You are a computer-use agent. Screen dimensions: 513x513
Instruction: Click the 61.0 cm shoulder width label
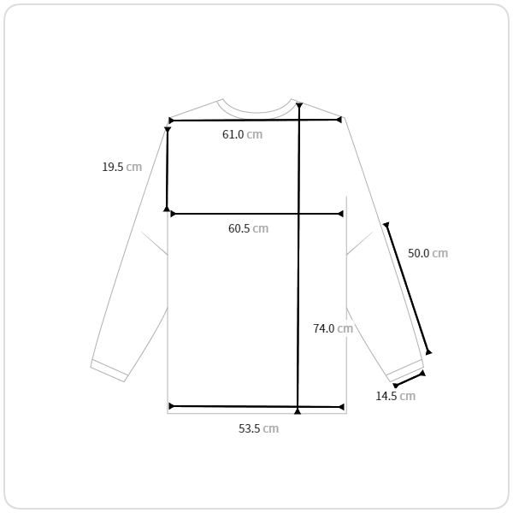(x=243, y=134)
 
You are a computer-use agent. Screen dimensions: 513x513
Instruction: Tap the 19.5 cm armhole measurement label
(x=122, y=167)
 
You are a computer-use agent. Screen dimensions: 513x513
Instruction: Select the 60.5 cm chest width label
(x=248, y=228)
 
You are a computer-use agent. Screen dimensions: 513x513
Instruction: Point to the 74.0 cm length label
(x=333, y=328)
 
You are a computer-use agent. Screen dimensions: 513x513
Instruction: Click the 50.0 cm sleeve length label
(x=428, y=253)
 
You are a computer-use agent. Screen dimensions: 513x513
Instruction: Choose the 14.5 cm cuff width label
(x=396, y=396)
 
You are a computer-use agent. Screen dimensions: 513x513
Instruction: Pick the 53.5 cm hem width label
(x=258, y=428)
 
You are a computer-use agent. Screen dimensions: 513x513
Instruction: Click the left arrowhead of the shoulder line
(x=171, y=121)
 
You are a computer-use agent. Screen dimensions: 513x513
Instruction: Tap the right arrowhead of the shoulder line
(x=339, y=120)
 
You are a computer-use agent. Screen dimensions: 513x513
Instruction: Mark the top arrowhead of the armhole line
(x=168, y=130)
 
